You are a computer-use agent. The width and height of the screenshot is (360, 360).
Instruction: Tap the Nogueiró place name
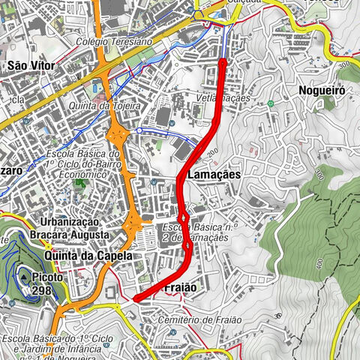[x=319, y=90]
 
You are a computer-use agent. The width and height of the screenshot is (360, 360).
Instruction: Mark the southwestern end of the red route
[x=135, y=299]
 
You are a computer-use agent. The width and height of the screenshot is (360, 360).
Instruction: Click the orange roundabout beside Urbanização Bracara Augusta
[x=133, y=222]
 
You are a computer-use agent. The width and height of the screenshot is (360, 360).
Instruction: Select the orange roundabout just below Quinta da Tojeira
[x=117, y=136]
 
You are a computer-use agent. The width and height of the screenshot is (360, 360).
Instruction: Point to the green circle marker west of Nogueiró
[x=269, y=103]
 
